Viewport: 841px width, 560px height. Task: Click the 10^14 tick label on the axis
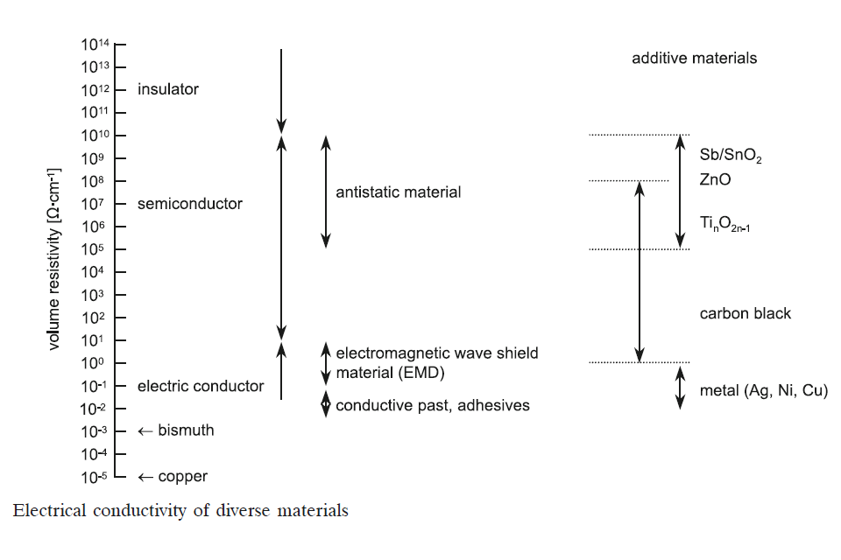coord(97,45)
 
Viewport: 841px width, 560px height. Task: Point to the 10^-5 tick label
coord(96,477)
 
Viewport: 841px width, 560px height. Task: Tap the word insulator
coord(168,89)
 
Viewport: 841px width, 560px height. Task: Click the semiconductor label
coord(190,204)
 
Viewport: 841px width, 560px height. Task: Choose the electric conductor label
coord(201,386)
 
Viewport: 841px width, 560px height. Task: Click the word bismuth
coord(186,430)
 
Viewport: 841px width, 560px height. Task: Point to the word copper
coord(183,477)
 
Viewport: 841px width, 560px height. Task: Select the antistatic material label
coord(398,192)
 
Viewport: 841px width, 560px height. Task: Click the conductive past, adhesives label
coord(433,405)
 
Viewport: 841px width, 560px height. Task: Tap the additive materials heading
coord(694,59)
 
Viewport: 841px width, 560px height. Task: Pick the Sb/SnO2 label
coord(731,156)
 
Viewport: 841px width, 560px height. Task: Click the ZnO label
coord(715,180)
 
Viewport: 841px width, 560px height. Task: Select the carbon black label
coord(745,313)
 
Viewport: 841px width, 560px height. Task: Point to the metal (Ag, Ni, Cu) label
coord(763,390)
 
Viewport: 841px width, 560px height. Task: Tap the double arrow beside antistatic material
coord(325,192)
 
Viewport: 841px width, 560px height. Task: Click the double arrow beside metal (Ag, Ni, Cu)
coord(680,388)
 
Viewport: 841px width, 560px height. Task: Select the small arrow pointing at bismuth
coord(145,431)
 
